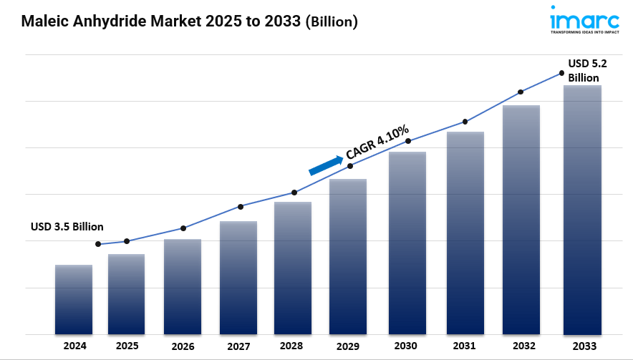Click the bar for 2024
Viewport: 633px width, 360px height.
pos(74,299)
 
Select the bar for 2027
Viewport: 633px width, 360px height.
pos(238,278)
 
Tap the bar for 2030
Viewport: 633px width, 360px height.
pos(407,243)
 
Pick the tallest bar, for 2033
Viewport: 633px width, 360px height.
pos(582,210)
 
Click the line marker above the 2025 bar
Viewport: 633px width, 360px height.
pos(127,241)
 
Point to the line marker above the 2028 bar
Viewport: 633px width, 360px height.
pos(294,193)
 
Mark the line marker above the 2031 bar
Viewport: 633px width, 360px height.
pos(465,122)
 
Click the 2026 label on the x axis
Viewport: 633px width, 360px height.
pos(183,346)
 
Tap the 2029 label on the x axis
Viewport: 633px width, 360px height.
pos(347,346)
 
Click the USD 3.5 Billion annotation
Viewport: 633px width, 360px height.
pos(67,227)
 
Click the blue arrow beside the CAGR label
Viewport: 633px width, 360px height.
pos(325,165)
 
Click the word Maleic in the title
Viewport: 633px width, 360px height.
pos(44,21)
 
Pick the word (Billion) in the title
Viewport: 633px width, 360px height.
pos(332,21)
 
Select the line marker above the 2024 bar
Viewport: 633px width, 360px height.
pos(98,244)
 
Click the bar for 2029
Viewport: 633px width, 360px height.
pos(348,257)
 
